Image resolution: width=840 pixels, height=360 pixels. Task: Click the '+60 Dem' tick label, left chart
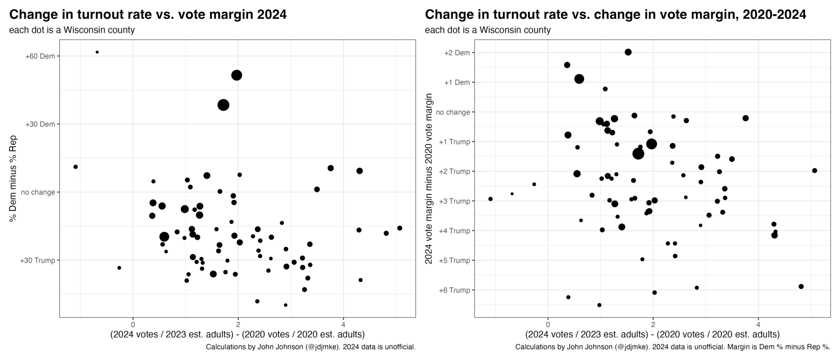click(x=40, y=56)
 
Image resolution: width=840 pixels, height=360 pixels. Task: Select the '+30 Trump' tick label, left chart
click(x=37, y=260)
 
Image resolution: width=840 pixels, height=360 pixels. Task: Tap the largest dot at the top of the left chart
click(x=237, y=75)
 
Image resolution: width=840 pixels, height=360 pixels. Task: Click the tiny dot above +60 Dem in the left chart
click(x=97, y=52)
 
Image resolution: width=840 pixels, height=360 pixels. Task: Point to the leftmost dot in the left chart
click(x=75, y=167)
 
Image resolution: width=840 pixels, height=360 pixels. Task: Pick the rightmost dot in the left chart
click(x=399, y=228)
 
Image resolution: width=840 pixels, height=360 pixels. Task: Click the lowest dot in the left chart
click(x=285, y=305)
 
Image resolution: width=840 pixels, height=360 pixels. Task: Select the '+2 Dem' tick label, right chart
click(x=457, y=53)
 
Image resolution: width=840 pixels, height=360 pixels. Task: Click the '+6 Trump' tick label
click(x=454, y=290)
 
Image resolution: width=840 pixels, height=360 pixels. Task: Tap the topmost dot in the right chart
click(x=628, y=52)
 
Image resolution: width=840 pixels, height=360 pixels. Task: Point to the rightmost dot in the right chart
click(x=815, y=171)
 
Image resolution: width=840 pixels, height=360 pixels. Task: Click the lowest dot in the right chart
click(x=599, y=305)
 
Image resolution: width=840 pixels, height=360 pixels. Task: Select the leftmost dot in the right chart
click(x=491, y=199)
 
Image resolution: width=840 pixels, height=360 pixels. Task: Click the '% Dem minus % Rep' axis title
click(x=13, y=178)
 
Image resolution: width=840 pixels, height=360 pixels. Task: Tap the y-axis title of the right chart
click(x=429, y=178)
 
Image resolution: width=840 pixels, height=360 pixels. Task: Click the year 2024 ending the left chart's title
click(x=272, y=15)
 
